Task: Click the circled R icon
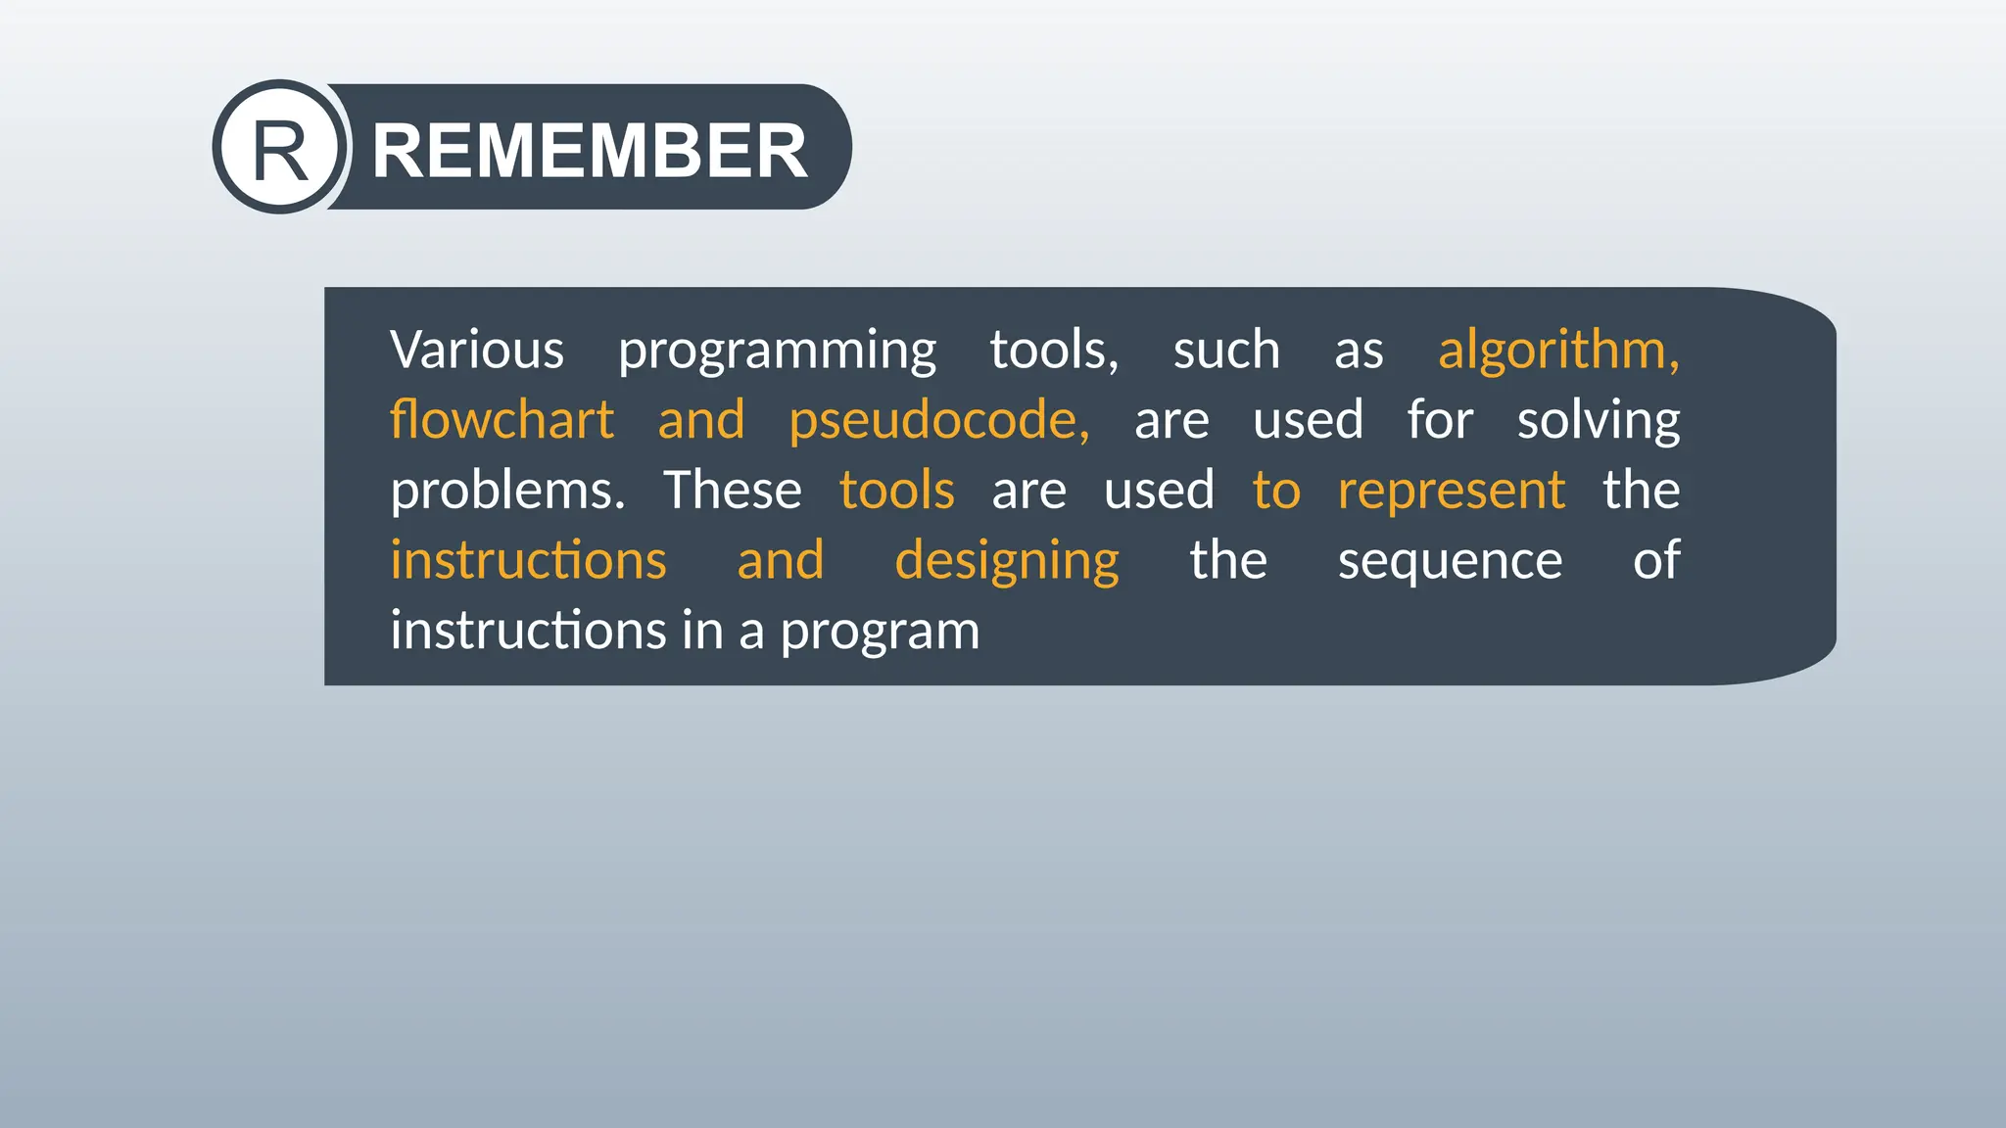tap(280, 148)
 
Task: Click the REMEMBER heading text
tap(590, 151)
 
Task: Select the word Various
tap(477, 350)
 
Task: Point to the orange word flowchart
tap(501, 420)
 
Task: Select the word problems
tap(506, 491)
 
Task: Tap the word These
tap(732, 490)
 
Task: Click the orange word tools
tap(896, 490)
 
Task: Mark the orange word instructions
tap(528, 560)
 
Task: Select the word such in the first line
tap(1226, 350)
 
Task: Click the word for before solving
tap(1439, 420)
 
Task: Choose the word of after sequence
tap(1655, 560)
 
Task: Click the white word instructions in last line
tap(528, 631)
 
